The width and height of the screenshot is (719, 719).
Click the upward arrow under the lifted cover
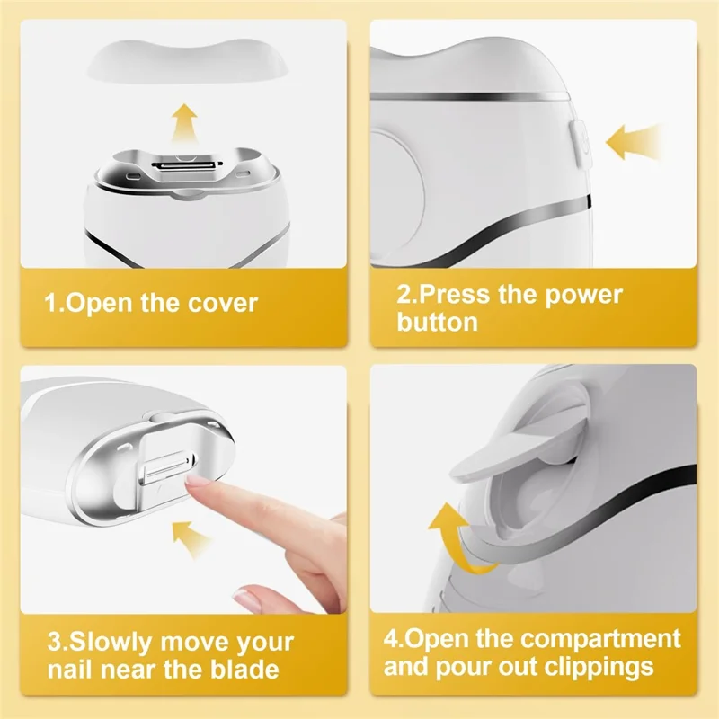coord(185,123)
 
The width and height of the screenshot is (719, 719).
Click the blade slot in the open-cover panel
coord(187,164)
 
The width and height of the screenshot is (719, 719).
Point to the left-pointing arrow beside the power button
coord(634,142)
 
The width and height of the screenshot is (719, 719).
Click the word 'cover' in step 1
coord(222,303)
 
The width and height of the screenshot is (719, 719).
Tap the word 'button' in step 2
coord(437,322)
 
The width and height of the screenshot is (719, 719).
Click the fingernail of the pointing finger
coord(195,482)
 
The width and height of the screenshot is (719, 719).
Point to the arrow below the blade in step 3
coord(190,538)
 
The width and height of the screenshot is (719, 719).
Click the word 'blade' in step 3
coord(244,669)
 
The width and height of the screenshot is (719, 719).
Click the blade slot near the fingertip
coord(167,468)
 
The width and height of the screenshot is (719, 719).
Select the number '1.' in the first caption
coord(56,303)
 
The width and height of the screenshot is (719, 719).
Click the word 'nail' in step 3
coord(71,669)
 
